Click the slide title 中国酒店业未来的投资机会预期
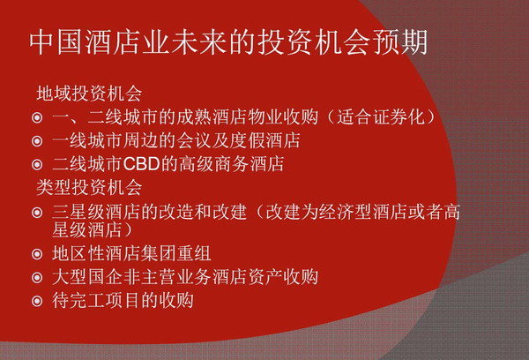(228, 43)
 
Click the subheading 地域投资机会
(89, 94)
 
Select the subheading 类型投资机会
(89, 187)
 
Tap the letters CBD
(141, 164)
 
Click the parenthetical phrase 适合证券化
(381, 116)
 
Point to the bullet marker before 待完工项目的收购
(37, 301)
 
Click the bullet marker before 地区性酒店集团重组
(37, 254)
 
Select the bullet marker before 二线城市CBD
(37, 165)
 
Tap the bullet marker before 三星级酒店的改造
(37, 213)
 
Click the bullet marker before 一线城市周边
(37, 141)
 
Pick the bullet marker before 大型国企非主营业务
(37, 278)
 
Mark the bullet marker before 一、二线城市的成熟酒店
(37, 117)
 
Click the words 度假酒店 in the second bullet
(265, 140)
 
